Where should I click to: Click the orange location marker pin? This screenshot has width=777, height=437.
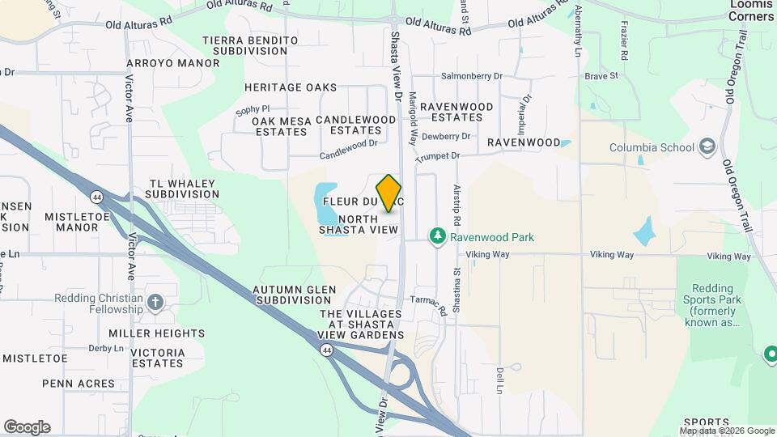coord(389,193)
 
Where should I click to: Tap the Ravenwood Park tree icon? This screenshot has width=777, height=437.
coord(438,236)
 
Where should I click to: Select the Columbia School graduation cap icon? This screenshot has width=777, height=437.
coord(707,146)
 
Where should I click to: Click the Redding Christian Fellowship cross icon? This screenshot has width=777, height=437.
coord(155,303)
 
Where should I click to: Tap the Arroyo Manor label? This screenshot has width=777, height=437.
coord(172,62)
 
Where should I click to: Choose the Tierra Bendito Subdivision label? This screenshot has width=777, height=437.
coord(244,45)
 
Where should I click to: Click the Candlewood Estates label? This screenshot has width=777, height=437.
coord(356,125)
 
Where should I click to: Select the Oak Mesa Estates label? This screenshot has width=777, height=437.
coord(279,126)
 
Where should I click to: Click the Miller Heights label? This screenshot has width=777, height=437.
coord(156,333)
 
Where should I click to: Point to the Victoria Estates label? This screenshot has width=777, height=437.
coord(157,358)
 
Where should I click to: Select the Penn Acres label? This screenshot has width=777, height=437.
coord(78,383)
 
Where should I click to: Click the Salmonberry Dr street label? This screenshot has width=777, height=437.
coord(472,76)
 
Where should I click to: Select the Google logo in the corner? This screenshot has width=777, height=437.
coord(27,427)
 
